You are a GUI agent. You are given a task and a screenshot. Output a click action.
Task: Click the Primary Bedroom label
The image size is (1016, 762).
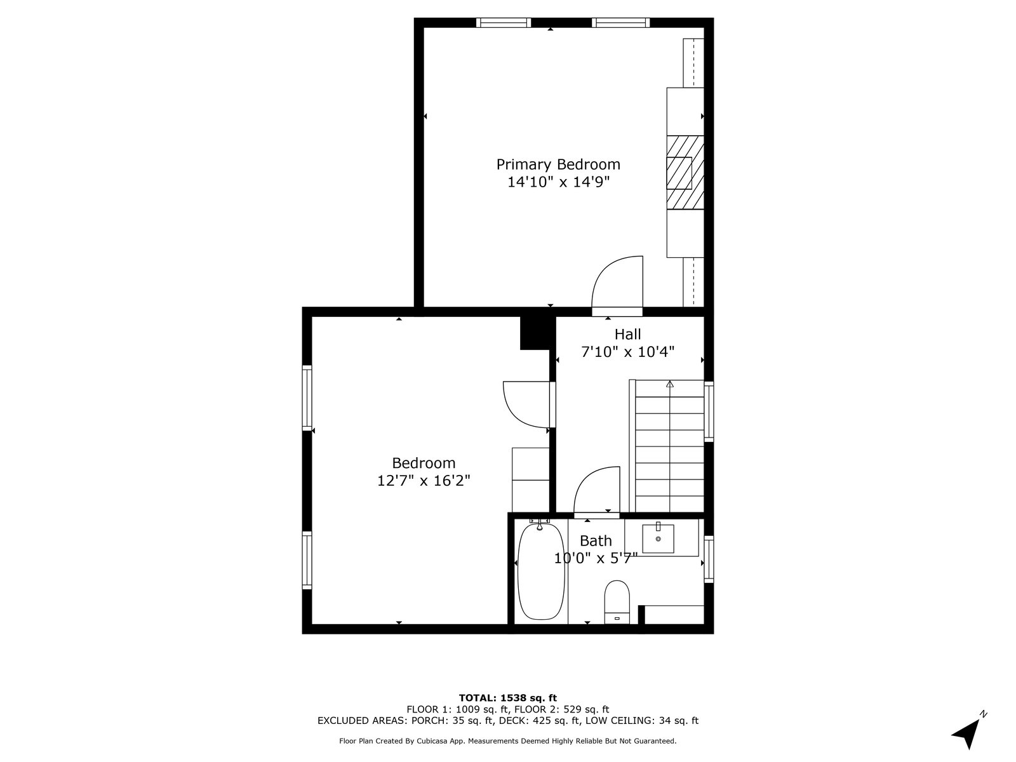point(558,164)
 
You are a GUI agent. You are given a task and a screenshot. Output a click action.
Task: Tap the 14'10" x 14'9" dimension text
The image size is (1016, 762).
point(558,182)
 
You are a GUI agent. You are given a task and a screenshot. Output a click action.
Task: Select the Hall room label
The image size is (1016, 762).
point(627,334)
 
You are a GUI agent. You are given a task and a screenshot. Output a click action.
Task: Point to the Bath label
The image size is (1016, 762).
point(596,540)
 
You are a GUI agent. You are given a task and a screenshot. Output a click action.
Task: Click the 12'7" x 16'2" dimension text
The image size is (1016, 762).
point(424,481)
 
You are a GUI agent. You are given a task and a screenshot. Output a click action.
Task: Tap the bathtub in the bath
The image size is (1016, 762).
point(541,572)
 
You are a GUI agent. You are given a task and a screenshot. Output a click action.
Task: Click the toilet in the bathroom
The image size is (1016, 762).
point(617,602)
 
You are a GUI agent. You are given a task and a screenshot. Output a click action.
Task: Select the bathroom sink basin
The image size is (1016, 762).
point(658,538)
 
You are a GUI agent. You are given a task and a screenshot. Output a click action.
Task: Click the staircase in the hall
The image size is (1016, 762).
point(669,446)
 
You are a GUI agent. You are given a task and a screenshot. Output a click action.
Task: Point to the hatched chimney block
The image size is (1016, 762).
point(685,172)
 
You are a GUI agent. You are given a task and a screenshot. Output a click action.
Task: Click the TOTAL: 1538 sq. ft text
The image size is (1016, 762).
point(508,698)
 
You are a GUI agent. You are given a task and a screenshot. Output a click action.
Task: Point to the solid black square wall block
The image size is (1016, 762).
point(537,333)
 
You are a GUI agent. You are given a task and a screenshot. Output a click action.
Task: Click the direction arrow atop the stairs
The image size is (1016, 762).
point(669,384)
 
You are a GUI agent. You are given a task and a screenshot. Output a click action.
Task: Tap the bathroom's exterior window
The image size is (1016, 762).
point(709,559)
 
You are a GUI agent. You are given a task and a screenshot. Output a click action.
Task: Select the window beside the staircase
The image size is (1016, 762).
point(709,411)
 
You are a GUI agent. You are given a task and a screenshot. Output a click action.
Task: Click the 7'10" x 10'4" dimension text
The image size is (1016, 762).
point(627,352)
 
